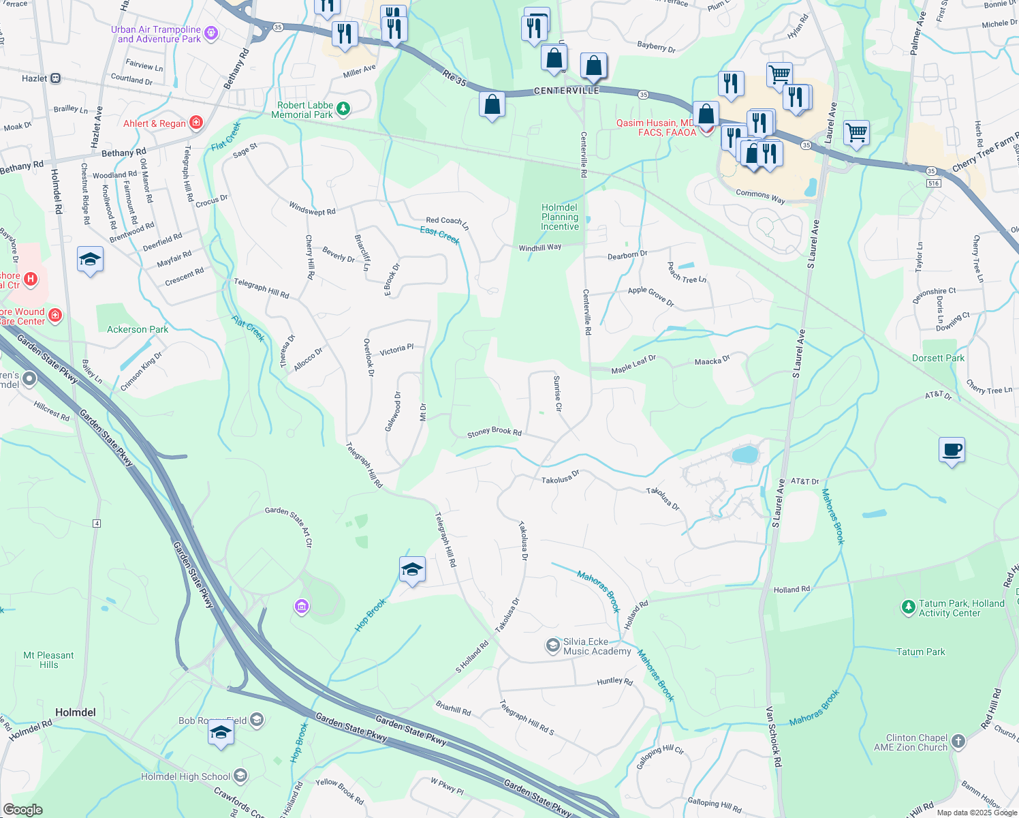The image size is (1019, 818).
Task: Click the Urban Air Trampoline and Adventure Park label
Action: click(159, 34)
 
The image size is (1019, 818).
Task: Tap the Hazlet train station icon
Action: click(56, 78)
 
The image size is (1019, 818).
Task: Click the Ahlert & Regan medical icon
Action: click(196, 123)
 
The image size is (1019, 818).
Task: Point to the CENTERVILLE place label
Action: click(567, 91)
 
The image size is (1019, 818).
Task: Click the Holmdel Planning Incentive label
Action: click(560, 217)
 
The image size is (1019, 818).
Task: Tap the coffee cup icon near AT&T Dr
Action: click(952, 450)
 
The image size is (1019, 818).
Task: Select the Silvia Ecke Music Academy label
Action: click(597, 646)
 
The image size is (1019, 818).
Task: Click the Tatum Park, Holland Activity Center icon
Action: click(908, 607)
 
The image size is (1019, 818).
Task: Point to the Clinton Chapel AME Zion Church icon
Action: click(958, 741)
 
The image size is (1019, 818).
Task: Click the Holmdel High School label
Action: click(185, 776)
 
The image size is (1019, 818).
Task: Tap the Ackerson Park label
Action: click(138, 329)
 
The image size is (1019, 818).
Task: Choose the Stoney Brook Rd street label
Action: click(494, 432)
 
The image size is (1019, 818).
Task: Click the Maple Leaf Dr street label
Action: click(633, 365)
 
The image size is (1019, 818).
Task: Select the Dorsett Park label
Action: click(938, 358)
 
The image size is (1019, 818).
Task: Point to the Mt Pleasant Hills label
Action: click(48, 660)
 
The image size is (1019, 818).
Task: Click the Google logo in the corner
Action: click(22, 810)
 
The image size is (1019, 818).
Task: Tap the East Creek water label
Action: click(439, 235)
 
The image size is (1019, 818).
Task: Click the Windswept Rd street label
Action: click(312, 209)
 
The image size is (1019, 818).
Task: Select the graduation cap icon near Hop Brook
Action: click(412, 569)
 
